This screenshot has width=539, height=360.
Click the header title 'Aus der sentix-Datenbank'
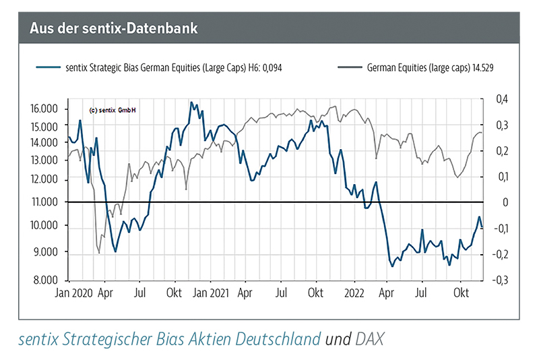pos(113,28)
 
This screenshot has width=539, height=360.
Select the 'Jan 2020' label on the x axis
pos(73,293)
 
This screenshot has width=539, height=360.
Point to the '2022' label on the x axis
pos(354,293)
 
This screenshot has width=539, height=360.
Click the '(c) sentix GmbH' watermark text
pos(112,111)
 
